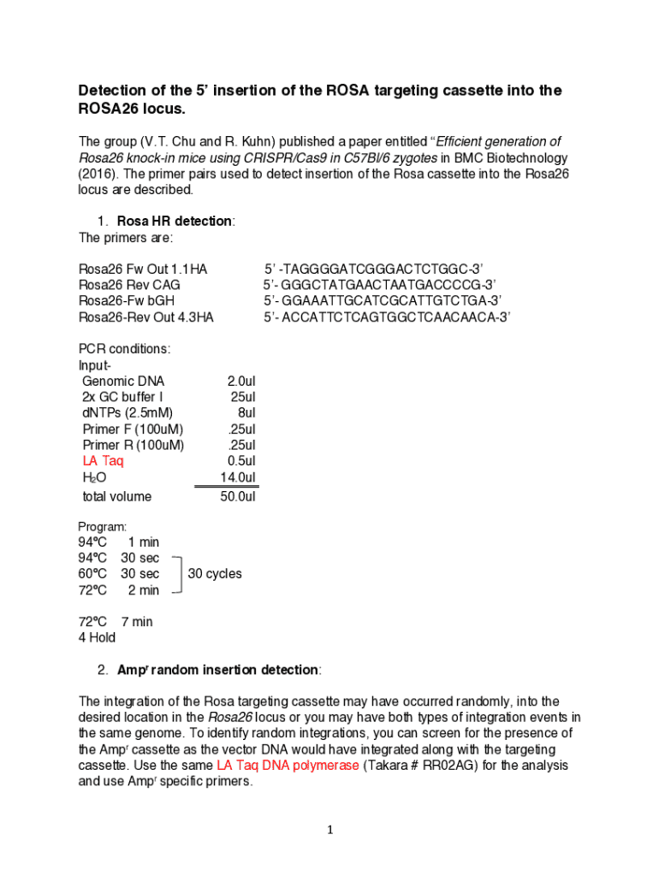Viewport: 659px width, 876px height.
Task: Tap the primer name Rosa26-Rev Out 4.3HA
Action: click(x=146, y=317)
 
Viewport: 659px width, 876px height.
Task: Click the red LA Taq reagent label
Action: click(x=103, y=461)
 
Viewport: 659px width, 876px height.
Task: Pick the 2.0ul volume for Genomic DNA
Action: click(x=241, y=381)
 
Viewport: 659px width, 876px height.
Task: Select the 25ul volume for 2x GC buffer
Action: click(x=243, y=397)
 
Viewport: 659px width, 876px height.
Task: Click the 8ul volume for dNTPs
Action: click(x=246, y=413)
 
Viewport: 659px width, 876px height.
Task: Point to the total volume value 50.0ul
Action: click(x=238, y=497)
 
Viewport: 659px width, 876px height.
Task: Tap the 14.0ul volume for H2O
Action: click(x=238, y=477)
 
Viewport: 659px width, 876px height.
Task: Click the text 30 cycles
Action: click(x=215, y=574)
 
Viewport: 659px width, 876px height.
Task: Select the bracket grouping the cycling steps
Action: click(x=177, y=574)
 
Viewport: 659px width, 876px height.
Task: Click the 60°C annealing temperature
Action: click(x=93, y=574)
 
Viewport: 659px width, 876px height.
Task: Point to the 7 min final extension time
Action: click(x=137, y=622)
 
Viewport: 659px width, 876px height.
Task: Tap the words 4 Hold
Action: click(x=97, y=637)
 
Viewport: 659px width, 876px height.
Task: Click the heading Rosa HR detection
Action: click(x=175, y=222)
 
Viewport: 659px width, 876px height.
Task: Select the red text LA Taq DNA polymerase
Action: click(x=288, y=766)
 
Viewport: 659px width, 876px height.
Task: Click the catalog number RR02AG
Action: click(x=444, y=766)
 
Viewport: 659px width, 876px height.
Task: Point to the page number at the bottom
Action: click(x=329, y=830)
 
